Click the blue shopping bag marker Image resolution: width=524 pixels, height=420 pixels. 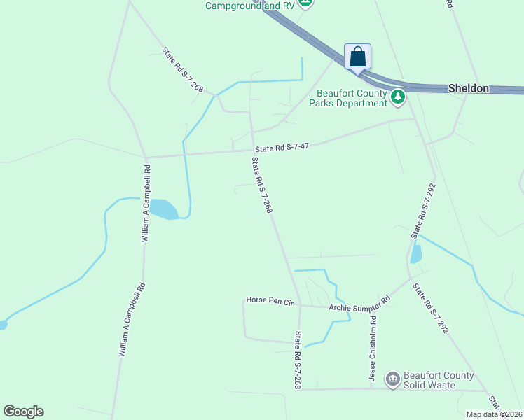357,57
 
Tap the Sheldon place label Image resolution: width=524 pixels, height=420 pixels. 468,88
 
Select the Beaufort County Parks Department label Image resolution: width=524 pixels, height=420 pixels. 352,98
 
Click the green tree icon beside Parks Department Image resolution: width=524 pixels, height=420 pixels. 398,97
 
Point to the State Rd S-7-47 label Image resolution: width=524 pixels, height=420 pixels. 282,147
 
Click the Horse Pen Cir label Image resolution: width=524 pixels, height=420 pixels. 269,300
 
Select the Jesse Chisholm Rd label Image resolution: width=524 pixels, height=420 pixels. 373,348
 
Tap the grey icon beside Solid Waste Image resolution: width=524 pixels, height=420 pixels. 392,379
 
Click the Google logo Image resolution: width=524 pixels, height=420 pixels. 23,412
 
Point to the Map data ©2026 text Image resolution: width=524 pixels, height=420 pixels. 494,414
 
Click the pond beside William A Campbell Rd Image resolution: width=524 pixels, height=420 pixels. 163,209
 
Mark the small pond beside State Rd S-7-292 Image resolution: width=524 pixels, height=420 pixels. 416,254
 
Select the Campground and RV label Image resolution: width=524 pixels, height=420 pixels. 249,6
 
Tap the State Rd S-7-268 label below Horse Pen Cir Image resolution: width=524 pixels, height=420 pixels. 298,360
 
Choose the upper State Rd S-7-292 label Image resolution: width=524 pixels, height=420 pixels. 422,211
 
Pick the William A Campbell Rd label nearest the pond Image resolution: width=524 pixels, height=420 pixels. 146,204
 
